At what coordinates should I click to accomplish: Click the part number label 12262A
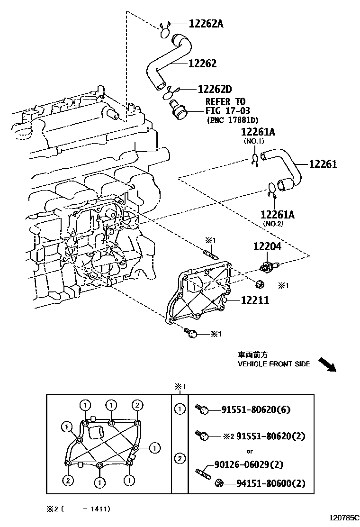coord(206,23)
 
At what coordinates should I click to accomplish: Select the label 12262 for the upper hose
coord(202,63)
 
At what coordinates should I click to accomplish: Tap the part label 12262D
coord(215,89)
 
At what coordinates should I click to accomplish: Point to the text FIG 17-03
coord(225,111)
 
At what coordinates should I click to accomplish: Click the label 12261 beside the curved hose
coord(323,164)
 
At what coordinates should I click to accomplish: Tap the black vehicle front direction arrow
coord(326,364)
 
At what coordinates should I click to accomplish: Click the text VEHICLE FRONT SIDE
coord(274,364)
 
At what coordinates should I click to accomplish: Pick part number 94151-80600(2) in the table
coord(271,483)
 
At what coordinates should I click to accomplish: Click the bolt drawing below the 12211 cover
coord(191,334)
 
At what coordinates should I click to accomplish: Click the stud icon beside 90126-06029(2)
coord(203,472)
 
